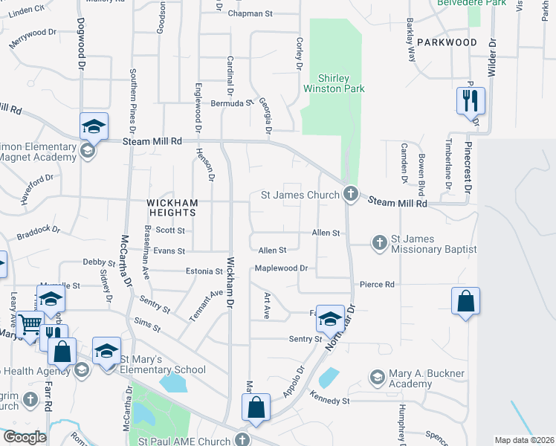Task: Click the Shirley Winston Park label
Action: point(334,83)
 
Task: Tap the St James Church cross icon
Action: point(351,195)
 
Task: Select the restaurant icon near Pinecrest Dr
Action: point(470,101)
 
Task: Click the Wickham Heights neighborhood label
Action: point(172,207)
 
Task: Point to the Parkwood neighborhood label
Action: point(447,42)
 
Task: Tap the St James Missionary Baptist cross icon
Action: point(379,242)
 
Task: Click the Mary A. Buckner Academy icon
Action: point(377,378)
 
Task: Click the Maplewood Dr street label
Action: point(281,268)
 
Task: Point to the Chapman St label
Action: point(250,13)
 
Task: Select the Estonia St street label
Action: point(204,271)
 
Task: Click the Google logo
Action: point(24,437)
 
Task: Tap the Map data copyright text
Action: point(524,440)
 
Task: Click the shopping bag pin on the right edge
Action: point(465,301)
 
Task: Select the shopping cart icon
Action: point(30,323)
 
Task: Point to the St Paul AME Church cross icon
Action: point(241,440)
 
